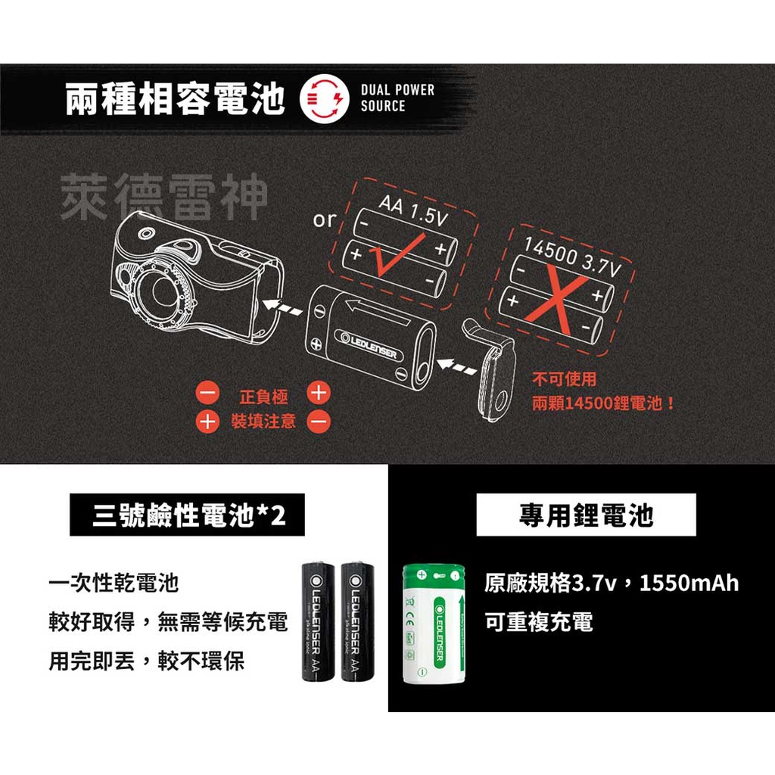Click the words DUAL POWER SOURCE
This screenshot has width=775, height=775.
click(x=397, y=98)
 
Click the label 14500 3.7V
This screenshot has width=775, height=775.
click(x=571, y=257)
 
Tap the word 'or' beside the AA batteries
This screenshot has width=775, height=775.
click(x=324, y=219)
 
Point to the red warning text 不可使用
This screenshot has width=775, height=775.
click(x=564, y=379)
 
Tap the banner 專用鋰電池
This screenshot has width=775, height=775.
click(x=586, y=515)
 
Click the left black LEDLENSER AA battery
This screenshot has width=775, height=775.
click(x=319, y=622)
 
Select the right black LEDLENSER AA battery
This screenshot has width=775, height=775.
click(x=358, y=622)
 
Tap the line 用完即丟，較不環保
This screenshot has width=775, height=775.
click(x=147, y=661)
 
